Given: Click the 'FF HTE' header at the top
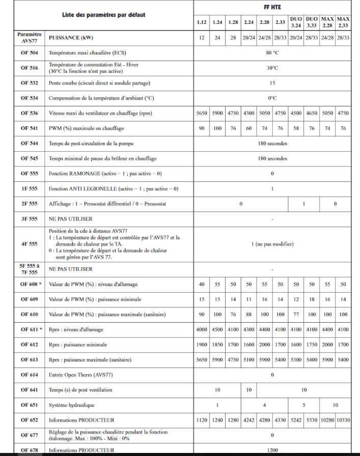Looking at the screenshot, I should pyautogui.click(x=272, y=7).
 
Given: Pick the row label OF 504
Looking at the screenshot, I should pyautogui.click(x=29, y=52).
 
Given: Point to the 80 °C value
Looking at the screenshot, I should pyautogui.click(x=272, y=52).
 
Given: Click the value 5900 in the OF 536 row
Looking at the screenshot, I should pyautogui.click(x=217, y=113).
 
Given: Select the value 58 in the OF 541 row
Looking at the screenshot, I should pyautogui.click(x=296, y=128).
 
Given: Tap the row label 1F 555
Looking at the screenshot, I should pyautogui.click(x=29, y=188).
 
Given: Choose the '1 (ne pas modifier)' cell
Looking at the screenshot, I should pyautogui.click(x=272, y=244).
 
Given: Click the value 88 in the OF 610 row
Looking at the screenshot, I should pyautogui.click(x=248, y=315).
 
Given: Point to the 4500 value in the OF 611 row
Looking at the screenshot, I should pyautogui.click(x=217, y=329).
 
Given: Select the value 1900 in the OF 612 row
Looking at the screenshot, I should pyautogui.click(x=202, y=345).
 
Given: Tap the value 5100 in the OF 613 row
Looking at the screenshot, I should pyautogui.click(x=248, y=360).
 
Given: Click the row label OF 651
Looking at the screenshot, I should pyautogui.click(x=29, y=405).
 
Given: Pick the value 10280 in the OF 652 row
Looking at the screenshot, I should pyautogui.click(x=327, y=420).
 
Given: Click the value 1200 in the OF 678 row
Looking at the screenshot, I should pyautogui.click(x=272, y=450).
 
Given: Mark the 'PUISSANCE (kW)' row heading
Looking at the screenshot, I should pyautogui.click(x=71, y=38).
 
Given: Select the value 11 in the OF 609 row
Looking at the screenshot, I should pyautogui.click(x=248, y=299).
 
